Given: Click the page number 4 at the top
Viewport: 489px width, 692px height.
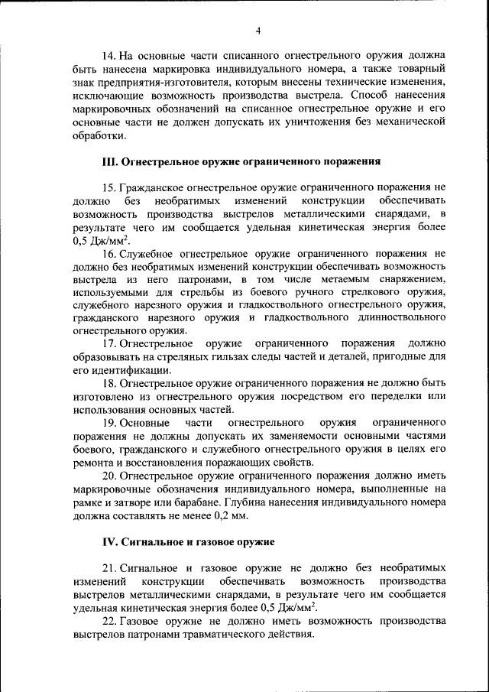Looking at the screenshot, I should pos(257,31).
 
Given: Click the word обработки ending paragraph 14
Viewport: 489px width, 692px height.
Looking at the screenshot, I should pos(99,135).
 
